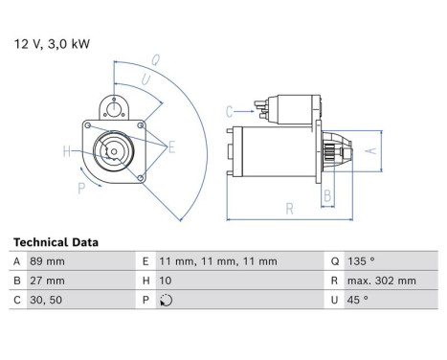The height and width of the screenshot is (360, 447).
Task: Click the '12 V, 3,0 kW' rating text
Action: click(52, 44)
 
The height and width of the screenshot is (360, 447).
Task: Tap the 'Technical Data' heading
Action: click(56, 242)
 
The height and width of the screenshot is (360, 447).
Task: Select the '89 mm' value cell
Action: click(47, 261)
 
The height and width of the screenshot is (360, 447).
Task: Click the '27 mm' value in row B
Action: click(47, 281)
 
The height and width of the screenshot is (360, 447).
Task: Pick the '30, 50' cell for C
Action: click(46, 300)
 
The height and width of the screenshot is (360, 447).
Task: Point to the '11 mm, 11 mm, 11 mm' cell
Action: click(218, 261)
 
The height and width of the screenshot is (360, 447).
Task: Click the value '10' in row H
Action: click(166, 281)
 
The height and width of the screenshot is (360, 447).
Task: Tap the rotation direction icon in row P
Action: click(167, 301)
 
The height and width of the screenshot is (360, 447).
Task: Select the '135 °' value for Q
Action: click(361, 261)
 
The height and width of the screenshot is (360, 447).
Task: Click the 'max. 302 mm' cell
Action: click(382, 281)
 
